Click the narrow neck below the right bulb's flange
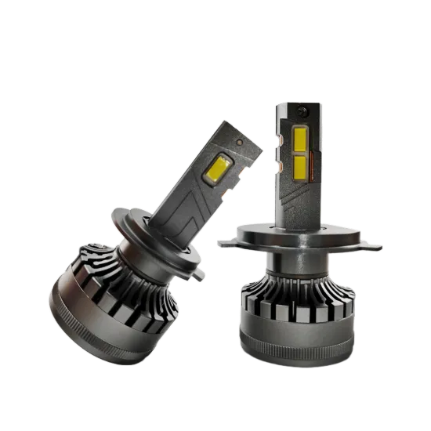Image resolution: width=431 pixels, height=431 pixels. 302,255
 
